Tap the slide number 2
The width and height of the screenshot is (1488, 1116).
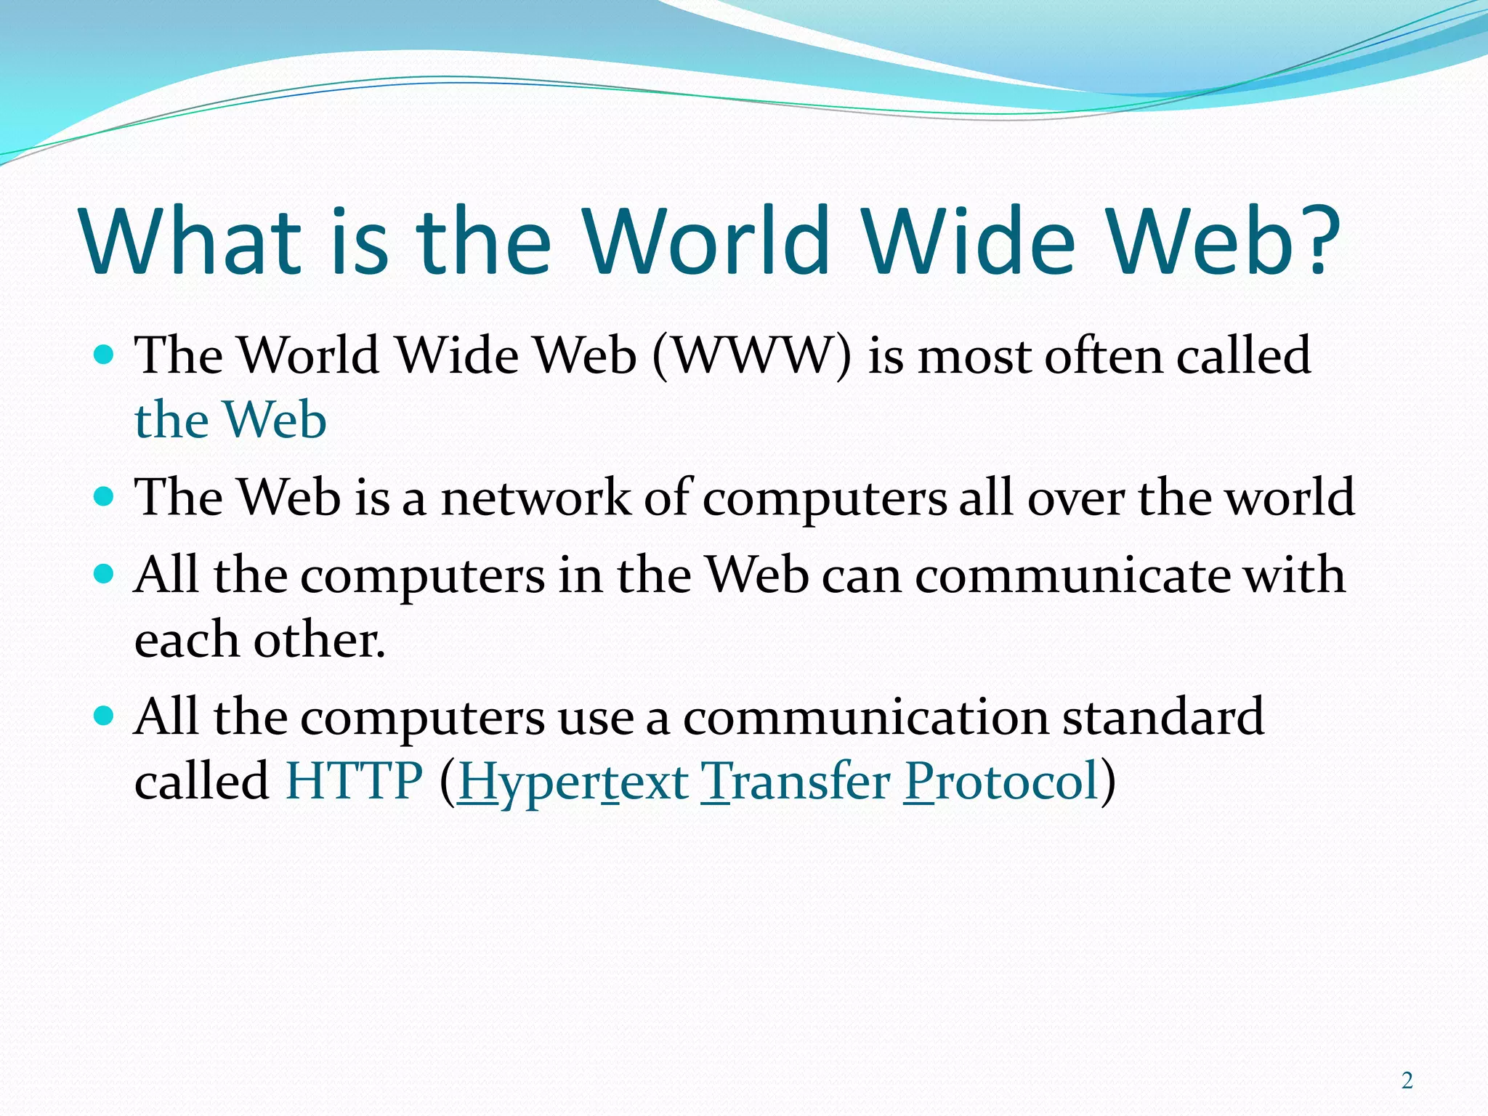pos(1407,1081)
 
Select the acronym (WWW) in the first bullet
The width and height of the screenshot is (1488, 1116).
pos(752,356)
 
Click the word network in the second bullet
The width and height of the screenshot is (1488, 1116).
pos(536,498)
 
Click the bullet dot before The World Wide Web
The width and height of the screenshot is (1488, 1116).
pos(105,355)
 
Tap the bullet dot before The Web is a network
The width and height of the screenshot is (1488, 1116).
pos(105,497)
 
